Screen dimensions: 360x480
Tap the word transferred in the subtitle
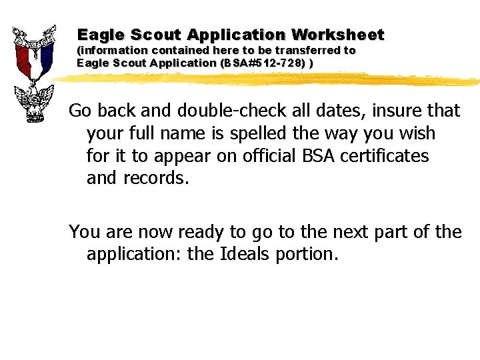309,51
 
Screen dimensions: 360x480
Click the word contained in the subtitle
181,51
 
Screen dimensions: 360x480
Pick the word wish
417,133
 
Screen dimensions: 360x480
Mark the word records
157,179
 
